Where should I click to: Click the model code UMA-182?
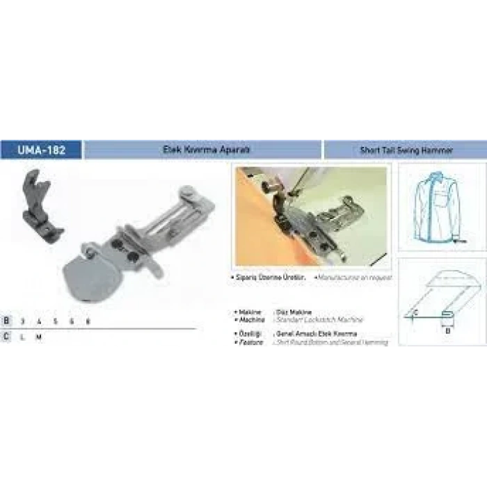coord(41,150)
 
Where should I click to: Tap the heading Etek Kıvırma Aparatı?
coord(201,150)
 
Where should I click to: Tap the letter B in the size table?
coord(6,321)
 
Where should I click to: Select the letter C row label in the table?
coord(6,336)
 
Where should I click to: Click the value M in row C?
coord(39,336)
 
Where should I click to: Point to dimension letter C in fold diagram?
coord(416,312)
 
